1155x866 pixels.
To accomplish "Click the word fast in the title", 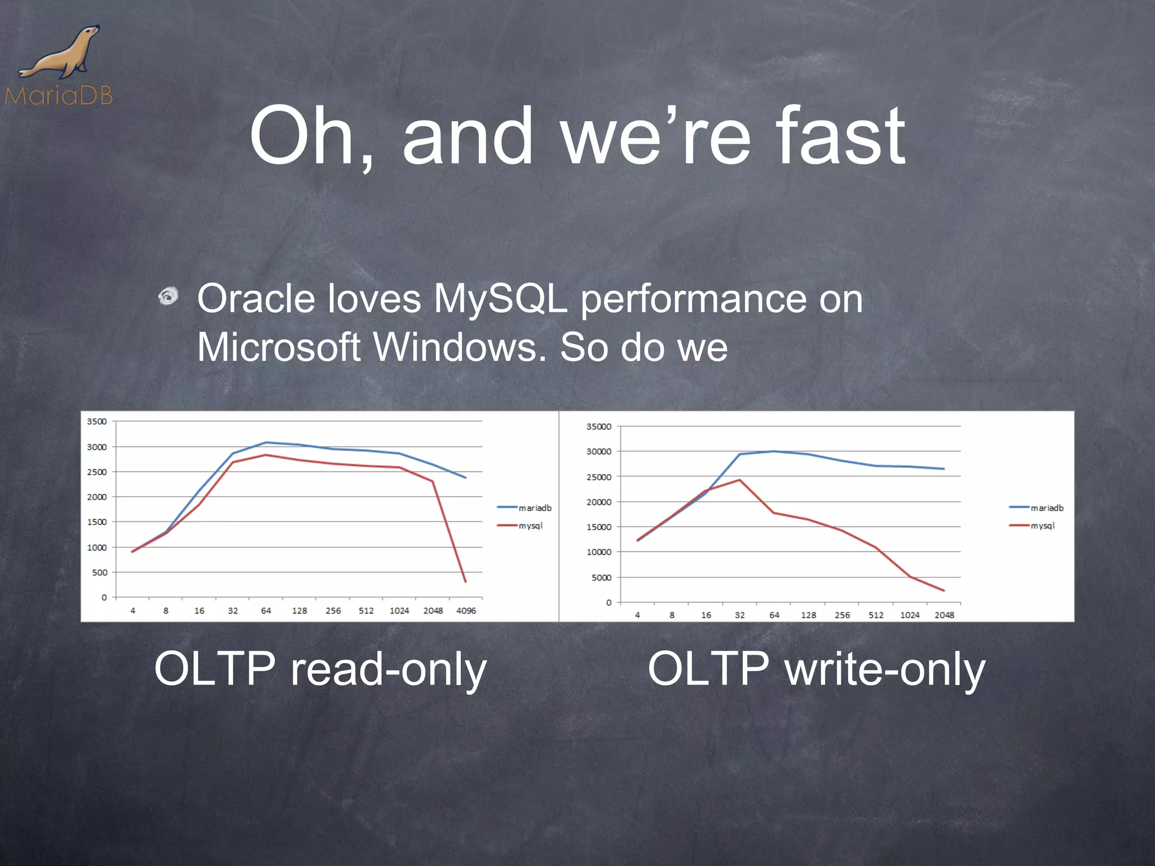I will click(840, 136).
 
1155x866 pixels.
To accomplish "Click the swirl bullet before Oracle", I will click(168, 295).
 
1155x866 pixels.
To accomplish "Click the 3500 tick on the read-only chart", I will click(96, 422).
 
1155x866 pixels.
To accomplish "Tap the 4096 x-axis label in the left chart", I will click(466, 611).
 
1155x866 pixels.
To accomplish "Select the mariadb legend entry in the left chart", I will click(524, 508).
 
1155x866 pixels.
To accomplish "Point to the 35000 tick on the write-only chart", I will click(598, 427).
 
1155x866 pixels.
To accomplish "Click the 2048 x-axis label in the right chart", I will click(944, 615).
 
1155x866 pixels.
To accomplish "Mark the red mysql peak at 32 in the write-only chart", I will click(739, 480).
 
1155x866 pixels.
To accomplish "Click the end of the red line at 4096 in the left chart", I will click(465, 581).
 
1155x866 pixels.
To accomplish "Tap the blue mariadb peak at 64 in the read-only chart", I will click(266, 443).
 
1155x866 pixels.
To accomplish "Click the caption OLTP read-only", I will click(320, 669).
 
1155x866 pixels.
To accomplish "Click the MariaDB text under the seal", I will click(59, 96).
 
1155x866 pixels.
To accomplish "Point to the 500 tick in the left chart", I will click(99, 572).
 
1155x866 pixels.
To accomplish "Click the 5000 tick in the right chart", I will click(601, 577).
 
